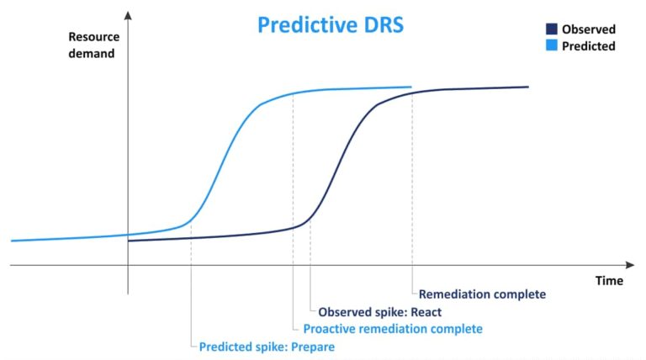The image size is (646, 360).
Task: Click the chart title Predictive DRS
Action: point(331,24)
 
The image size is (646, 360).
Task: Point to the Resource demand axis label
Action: point(93,47)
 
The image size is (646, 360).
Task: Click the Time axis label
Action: point(609,280)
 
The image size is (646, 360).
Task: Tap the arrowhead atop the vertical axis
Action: point(128,15)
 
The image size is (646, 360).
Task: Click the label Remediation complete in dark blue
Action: point(482,294)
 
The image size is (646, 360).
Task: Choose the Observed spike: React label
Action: point(379,312)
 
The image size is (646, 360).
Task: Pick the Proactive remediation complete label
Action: point(393,329)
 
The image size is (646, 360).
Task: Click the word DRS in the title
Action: point(380,24)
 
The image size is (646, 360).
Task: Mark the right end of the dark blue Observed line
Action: point(527,87)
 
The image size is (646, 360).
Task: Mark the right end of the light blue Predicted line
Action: point(410,87)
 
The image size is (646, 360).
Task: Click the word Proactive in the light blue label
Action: point(330,329)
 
